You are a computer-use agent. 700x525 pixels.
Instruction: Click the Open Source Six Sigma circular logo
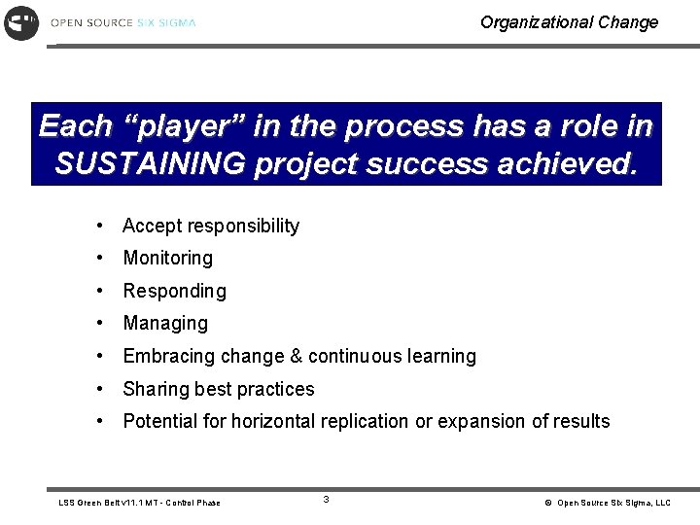21,21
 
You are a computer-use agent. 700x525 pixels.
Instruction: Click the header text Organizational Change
569,22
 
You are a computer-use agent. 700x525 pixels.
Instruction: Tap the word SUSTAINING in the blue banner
151,164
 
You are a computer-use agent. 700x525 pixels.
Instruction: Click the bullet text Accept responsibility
211,226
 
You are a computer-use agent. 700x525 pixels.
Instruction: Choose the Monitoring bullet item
167,258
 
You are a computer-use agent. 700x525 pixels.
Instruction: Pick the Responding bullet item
174,291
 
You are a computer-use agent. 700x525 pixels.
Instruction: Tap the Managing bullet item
165,323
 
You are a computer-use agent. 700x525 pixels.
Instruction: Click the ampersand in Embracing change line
297,356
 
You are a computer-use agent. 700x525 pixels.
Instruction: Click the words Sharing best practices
219,389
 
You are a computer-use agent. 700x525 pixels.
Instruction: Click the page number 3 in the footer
326,500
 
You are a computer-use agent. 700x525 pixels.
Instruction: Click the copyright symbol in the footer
548,503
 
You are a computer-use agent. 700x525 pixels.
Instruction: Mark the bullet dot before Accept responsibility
100,226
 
